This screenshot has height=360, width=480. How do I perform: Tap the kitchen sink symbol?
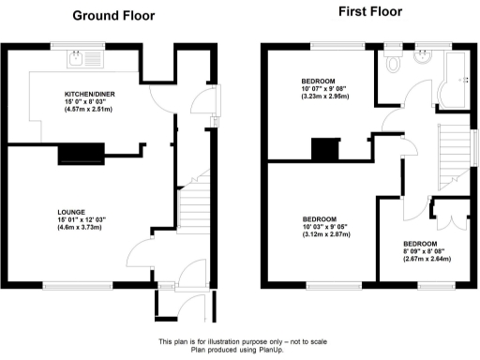pyautogui.click(x=77, y=59)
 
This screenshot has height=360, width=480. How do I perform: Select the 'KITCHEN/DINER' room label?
pyautogui.click(x=89, y=95)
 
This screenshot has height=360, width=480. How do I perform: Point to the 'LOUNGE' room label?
pyautogui.click(x=71, y=213)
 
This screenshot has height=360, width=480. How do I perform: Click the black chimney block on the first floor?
pyautogui.click(x=324, y=148)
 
